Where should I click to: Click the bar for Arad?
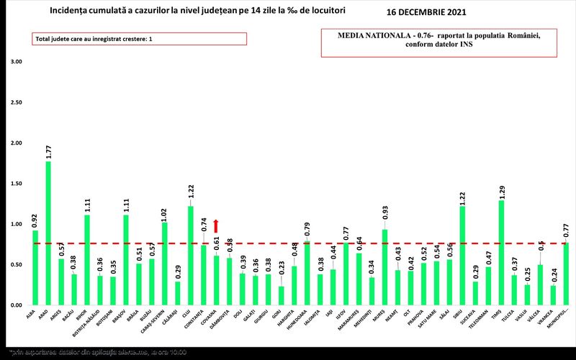[48, 234]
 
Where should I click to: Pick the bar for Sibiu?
[462, 256]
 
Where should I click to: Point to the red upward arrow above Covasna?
[216, 226]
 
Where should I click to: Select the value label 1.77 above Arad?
[48, 151]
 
